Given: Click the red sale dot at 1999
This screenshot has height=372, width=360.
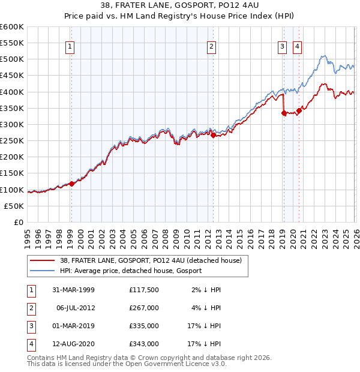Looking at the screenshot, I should (72, 184).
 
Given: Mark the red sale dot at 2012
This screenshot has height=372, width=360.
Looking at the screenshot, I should (213, 135).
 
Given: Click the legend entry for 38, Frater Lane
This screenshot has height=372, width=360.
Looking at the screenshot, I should (150, 260).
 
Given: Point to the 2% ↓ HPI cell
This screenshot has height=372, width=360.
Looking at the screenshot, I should (207, 290).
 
